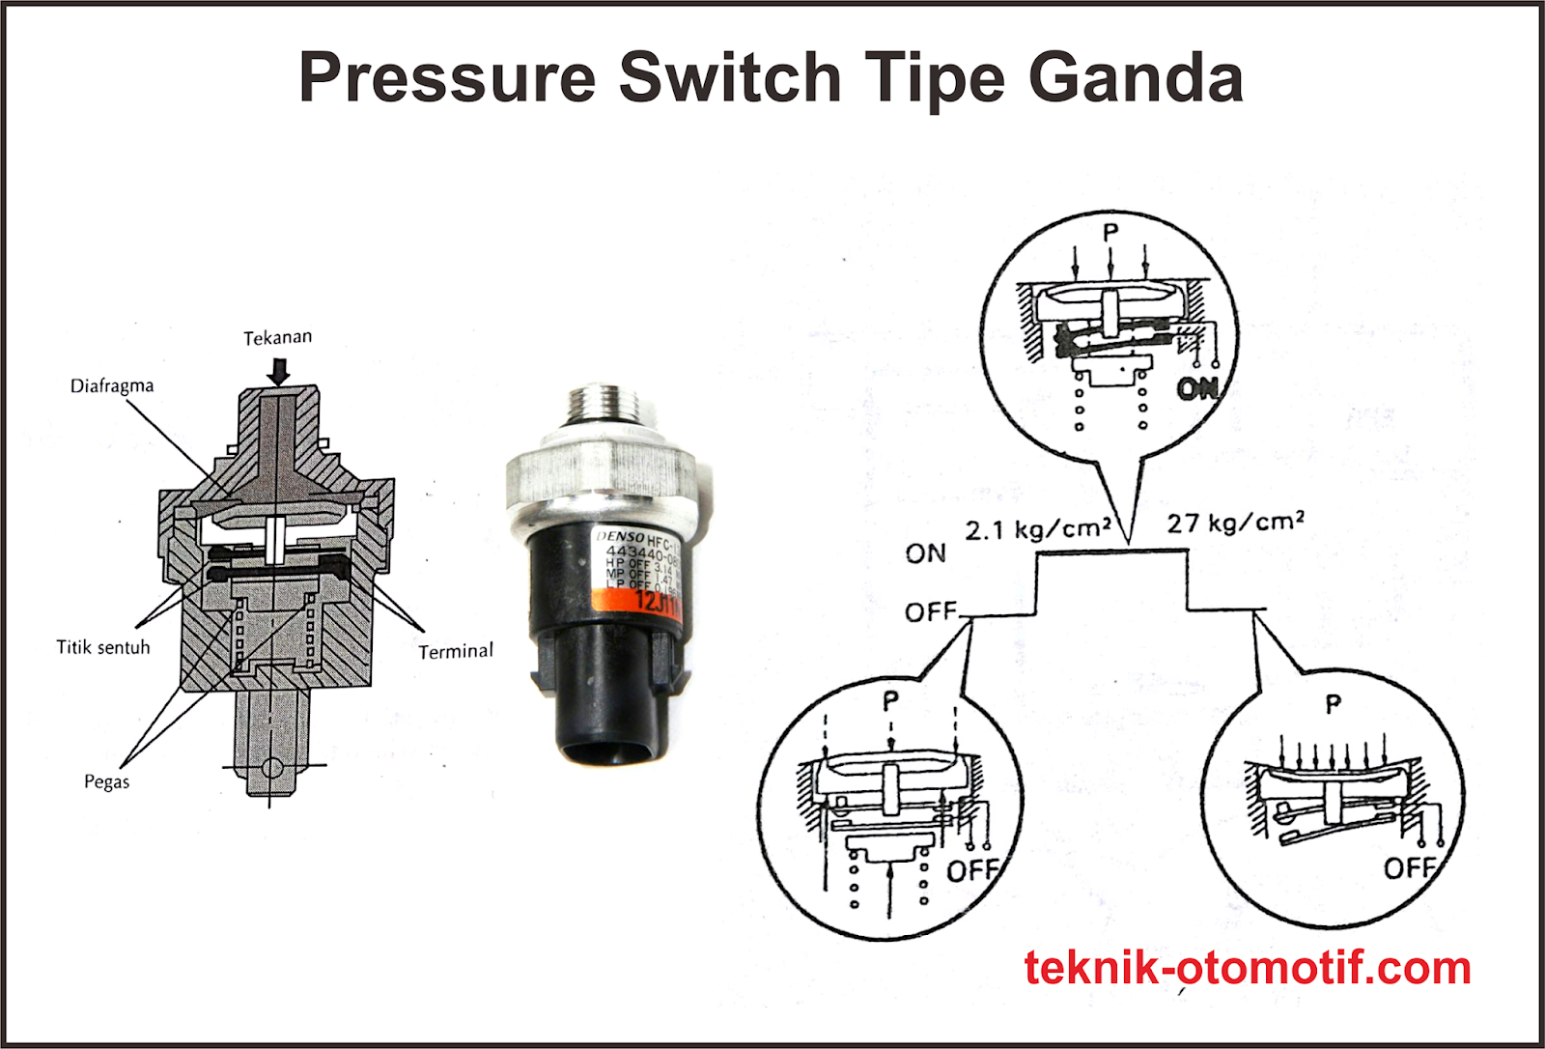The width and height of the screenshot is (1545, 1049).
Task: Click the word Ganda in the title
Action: point(1136,77)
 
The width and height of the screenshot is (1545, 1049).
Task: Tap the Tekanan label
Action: point(277,337)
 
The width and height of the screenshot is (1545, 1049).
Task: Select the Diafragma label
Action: point(111,385)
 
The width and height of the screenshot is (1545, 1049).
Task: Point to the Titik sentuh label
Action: point(103,647)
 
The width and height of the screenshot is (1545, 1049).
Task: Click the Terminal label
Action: point(455,651)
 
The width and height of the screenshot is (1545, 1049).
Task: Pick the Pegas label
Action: point(106,781)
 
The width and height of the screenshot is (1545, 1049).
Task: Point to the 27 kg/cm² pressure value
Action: point(1235,523)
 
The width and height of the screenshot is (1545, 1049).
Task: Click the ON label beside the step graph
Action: point(925,553)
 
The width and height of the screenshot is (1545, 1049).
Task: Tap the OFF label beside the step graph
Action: point(930,612)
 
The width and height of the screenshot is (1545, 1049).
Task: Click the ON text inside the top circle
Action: point(1197,388)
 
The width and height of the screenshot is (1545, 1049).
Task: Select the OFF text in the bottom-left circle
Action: point(971,870)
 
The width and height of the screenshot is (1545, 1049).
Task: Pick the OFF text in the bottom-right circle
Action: point(1410,867)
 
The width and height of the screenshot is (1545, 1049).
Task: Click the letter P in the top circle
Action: point(1110,233)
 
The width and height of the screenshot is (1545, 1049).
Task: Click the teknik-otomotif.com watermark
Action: point(1247,968)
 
